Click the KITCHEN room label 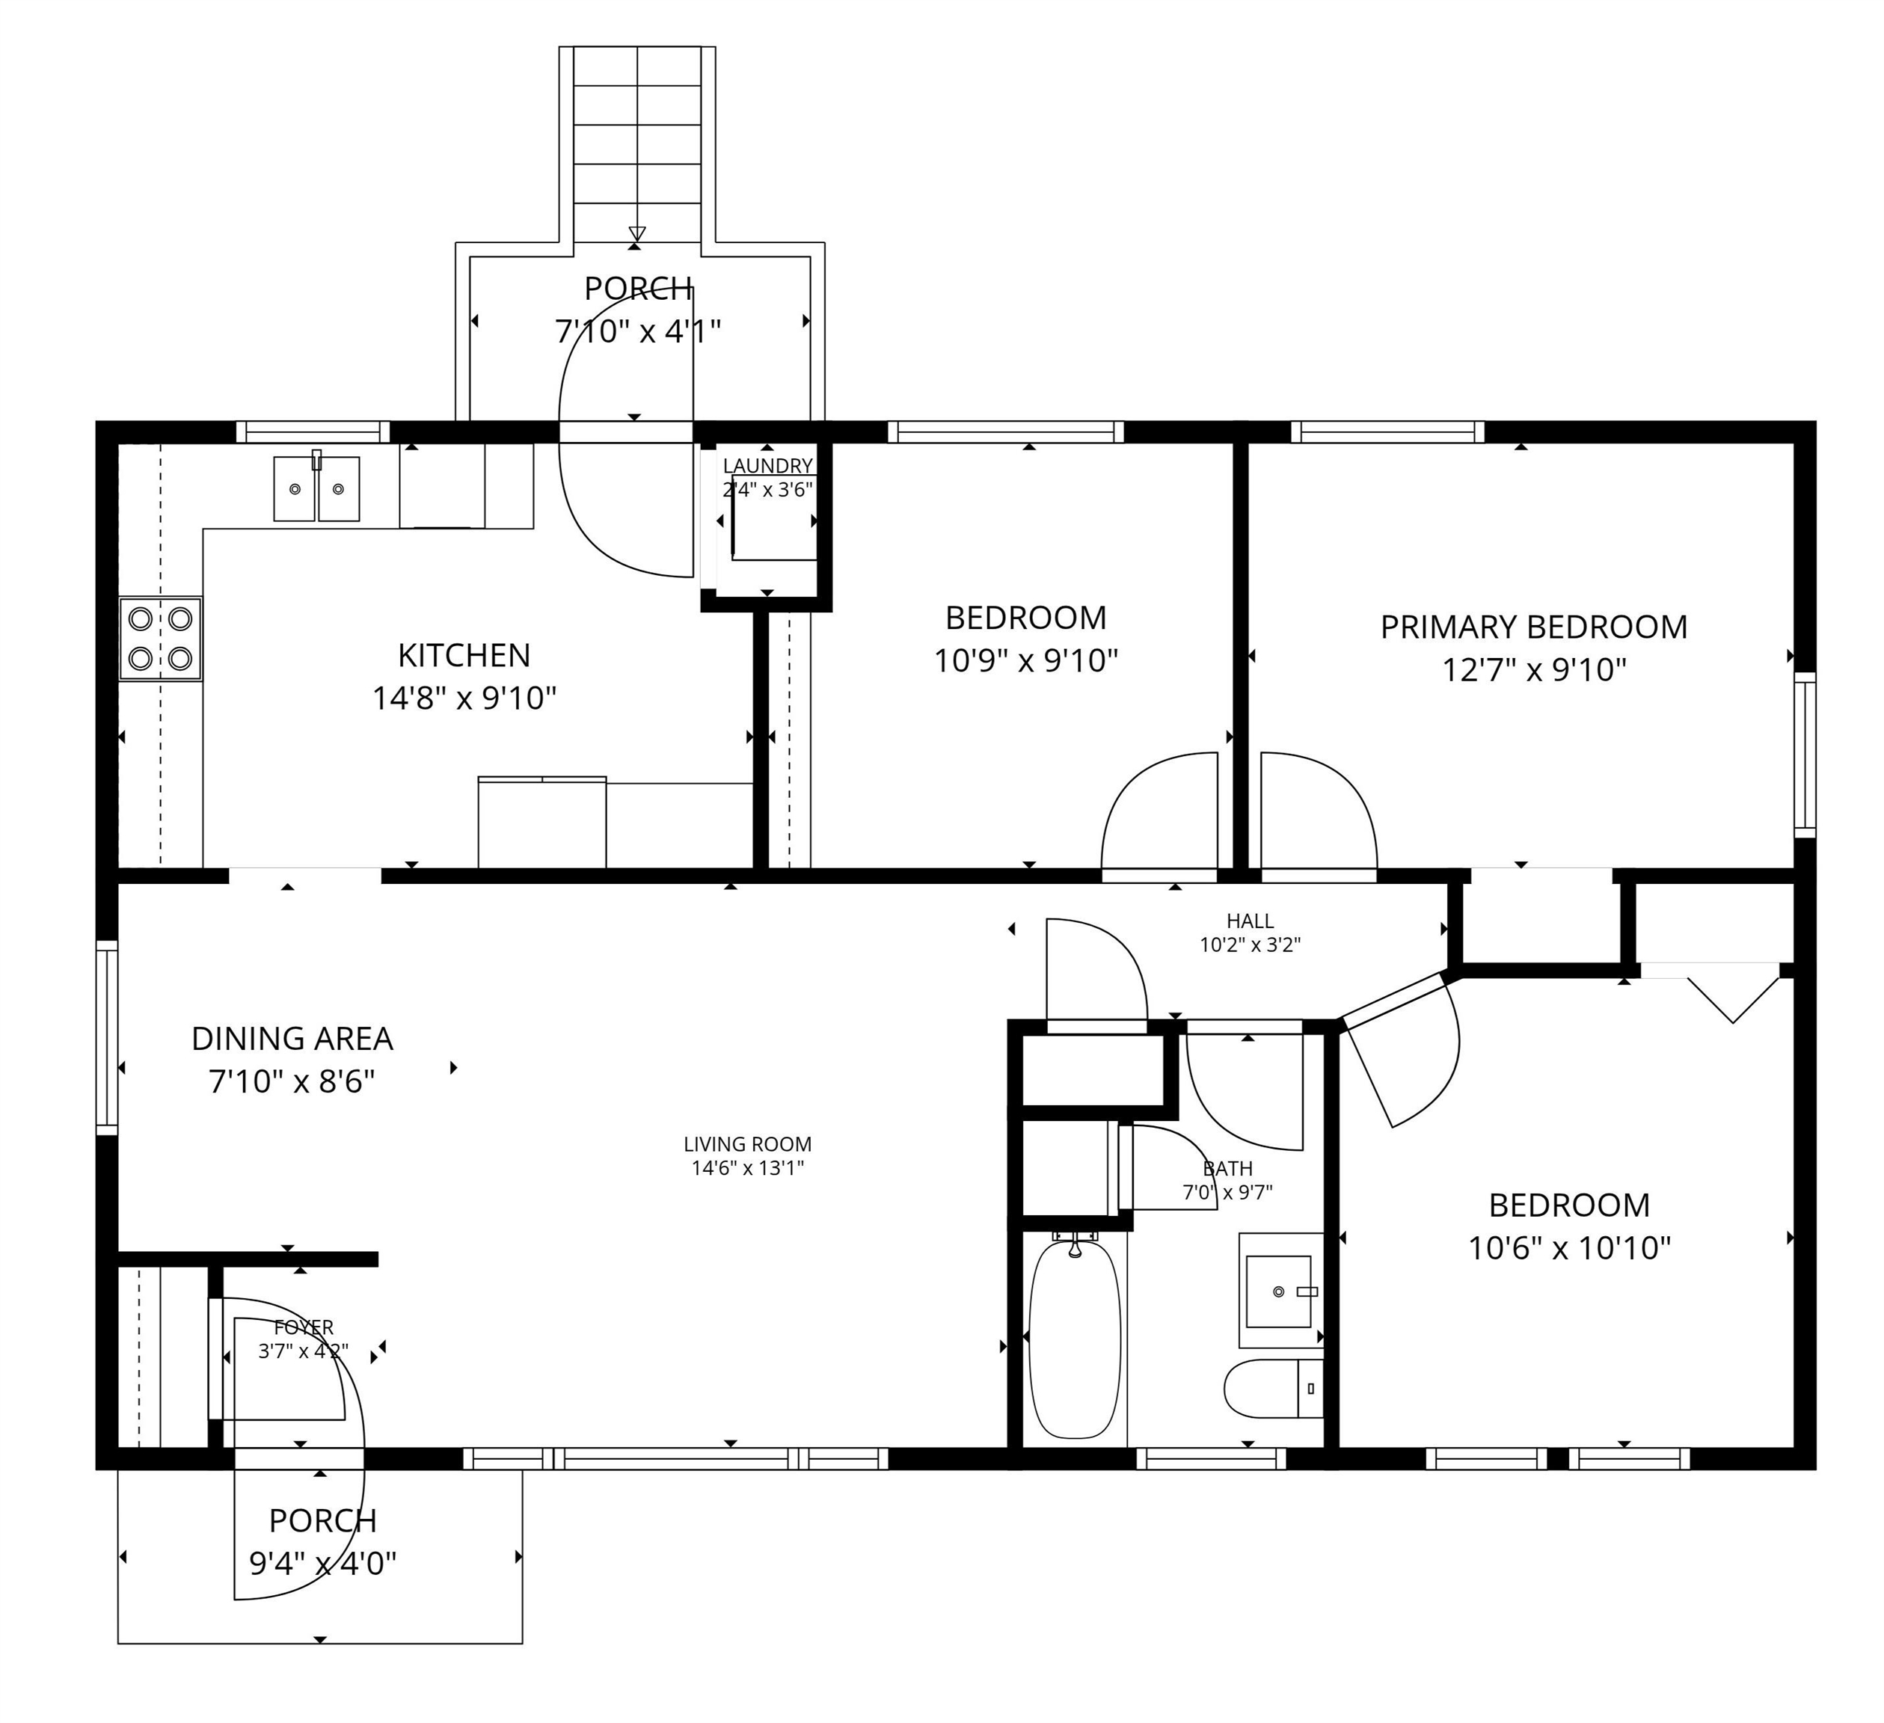point(464,655)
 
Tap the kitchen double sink point(317,488)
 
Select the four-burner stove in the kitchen point(161,639)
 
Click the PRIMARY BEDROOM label point(1533,627)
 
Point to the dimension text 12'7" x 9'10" point(1533,670)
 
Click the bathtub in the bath point(1074,1338)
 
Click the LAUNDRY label point(767,465)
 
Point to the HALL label point(1250,922)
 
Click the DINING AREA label point(292,1038)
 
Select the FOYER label point(304,1327)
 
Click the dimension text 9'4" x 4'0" point(322,1562)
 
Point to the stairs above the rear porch point(636,140)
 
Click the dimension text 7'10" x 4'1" point(637,331)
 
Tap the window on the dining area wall point(108,1037)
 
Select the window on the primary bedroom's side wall point(1805,753)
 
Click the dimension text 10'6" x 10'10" point(1569,1248)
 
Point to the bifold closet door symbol point(1733,998)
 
